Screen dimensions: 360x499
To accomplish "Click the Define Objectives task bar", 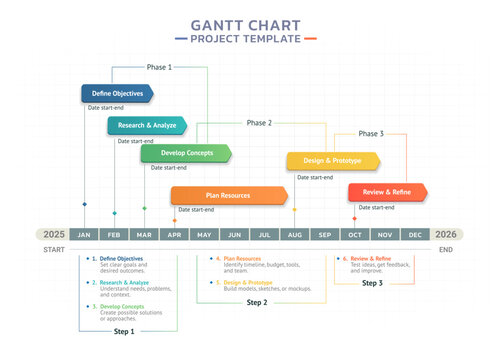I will click(117, 93).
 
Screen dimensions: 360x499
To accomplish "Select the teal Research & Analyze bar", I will click(147, 126).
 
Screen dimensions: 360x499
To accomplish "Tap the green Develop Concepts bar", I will click(185, 153).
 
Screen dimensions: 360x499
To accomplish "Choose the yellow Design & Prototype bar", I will click(333, 161).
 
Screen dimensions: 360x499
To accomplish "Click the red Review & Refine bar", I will click(387, 192).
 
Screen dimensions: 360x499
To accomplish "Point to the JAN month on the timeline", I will click(85, 234).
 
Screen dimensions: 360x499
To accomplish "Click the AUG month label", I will click(294, 234).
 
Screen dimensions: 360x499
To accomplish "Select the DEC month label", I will click(414, 234).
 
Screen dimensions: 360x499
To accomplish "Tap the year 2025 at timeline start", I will click(53, 234).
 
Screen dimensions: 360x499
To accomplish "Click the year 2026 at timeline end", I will click(446, 234).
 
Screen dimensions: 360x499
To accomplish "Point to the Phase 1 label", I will click(159, 67).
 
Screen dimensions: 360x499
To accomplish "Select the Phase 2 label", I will click(258, 123).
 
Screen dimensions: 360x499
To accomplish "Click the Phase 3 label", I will click(370, 133).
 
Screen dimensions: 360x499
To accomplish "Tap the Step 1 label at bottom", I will click(123, 330).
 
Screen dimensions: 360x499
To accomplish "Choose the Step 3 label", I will click(372, 283).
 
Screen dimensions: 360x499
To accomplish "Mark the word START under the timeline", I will click(54, 249).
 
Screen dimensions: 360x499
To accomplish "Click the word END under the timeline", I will click(445, 249).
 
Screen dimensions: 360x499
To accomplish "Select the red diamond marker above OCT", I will click(354, 218).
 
